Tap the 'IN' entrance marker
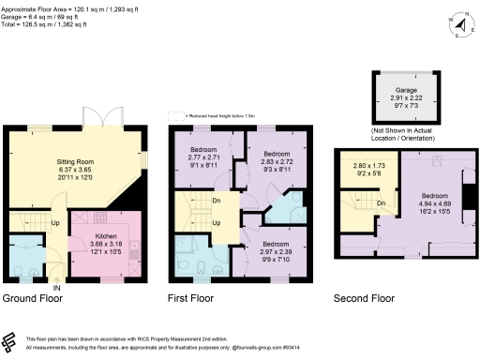click(56, 287)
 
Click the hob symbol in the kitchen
click(136, 257)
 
